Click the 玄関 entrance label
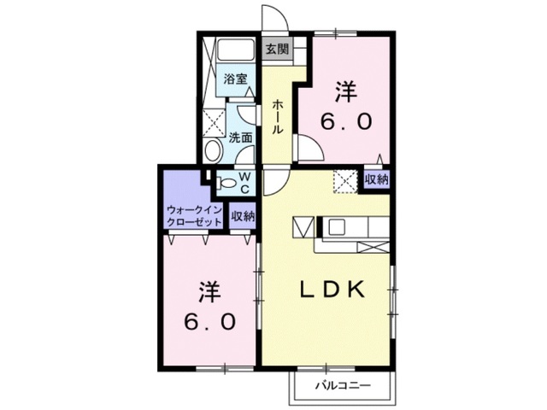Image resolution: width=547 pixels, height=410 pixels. tap(277, 50)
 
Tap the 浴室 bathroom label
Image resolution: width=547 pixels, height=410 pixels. tap(236, 79)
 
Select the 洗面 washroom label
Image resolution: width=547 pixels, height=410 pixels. tap(240, 138)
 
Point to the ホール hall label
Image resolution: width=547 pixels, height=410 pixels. tap(278, 116)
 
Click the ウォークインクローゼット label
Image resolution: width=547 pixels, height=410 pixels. tap(194, 216)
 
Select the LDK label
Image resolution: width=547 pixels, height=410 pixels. tap(333, 290)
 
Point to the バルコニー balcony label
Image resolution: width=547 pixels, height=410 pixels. tap(343, 385)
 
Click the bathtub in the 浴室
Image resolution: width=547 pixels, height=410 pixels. tap(235, 51)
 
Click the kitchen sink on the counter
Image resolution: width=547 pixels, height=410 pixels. tap(337, 228)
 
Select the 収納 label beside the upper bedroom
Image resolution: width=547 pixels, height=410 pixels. tap(376, 180)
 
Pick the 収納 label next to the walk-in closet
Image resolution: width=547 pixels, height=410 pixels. tap(243, 216)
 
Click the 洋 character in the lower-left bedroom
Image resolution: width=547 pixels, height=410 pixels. tap(209, 292)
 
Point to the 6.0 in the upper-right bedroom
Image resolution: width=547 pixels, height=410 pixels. tap(346, 121)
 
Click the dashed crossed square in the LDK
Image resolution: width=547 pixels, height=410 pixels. tap(345, 181)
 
